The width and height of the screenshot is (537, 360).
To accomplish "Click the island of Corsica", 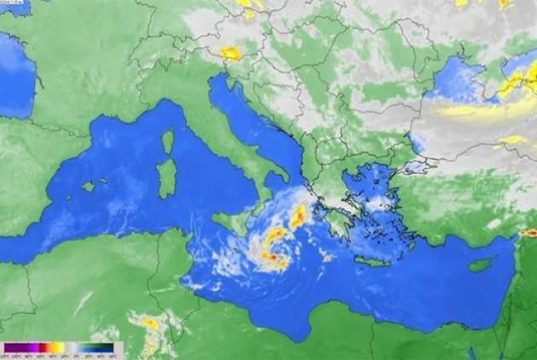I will (x=168, y=140).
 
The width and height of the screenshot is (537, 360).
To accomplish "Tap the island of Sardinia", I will (x=166, y=177).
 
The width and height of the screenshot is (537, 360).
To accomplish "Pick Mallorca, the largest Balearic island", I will (x=88, y=186).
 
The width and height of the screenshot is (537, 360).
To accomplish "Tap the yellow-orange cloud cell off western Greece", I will (x=297, y=218).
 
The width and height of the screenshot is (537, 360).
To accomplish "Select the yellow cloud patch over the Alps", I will (x=229, y=53).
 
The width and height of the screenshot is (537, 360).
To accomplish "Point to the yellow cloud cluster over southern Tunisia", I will (x=149, y=323).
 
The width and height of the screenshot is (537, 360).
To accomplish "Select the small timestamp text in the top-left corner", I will (x=15, y=5).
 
